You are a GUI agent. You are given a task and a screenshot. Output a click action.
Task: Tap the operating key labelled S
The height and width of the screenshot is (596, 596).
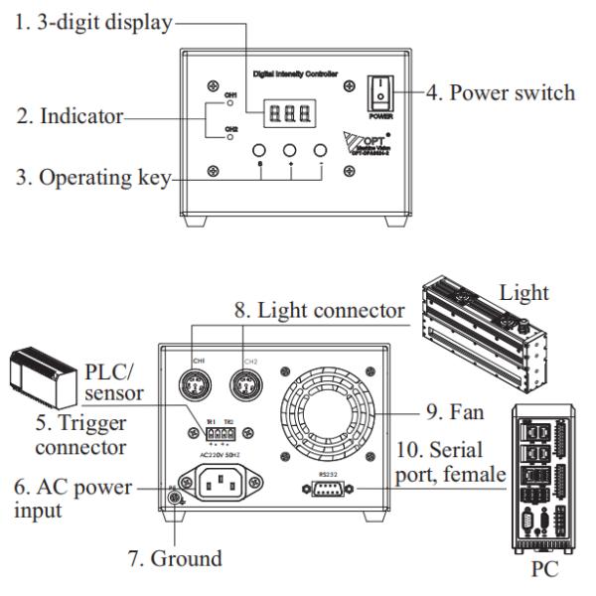tap(260, 152)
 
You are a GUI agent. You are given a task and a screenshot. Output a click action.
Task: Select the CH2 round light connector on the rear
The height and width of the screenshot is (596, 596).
tap(242, 384)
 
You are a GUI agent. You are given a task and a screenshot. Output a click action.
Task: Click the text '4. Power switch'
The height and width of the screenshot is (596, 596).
tap(501, 93)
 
